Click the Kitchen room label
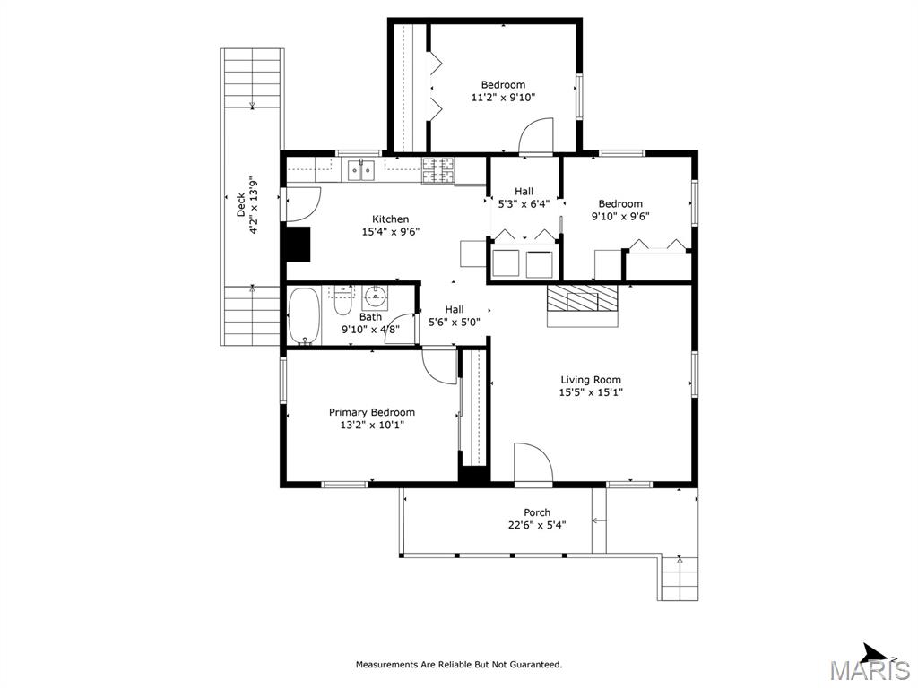tap(391, 219)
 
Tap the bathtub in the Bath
tap(305, 315)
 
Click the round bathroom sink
tap(375, 297)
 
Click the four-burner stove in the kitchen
tap(438, 170)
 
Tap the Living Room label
tap(591, 380)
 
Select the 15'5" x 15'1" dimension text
tap(591, 392)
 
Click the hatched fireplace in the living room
tap(582, 299)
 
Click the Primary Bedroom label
tap(372, 412)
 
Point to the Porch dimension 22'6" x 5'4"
tap(537, 525)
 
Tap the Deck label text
tap(240, 205)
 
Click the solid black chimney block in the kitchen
tap(297, 244)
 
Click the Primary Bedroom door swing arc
tap(439, 366)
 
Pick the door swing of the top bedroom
tap(536, 136)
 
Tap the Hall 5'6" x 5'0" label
tap(455, 316)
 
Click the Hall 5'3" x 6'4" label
tap(524, 198)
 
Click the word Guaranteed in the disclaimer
tap(535, 665)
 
